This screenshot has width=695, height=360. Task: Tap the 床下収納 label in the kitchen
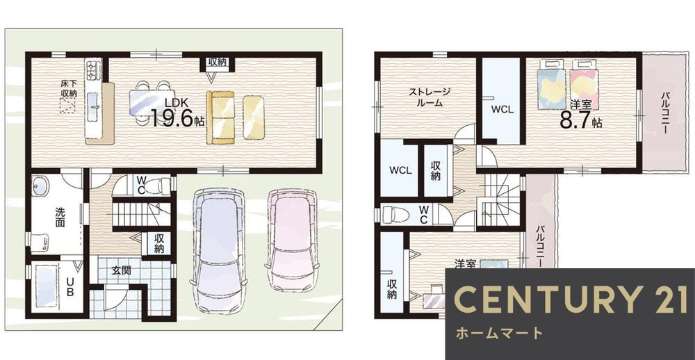tap(68, 88)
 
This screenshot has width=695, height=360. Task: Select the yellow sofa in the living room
tap(222, 117)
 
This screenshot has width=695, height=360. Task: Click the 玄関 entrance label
tap(121, 270)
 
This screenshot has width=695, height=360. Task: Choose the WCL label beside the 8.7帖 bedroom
tap(501, 110)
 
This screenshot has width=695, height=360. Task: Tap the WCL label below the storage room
tap(400, 170)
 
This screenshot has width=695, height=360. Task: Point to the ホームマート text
tap(499, 333)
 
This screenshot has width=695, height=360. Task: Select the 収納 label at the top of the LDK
tap(217, 63)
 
